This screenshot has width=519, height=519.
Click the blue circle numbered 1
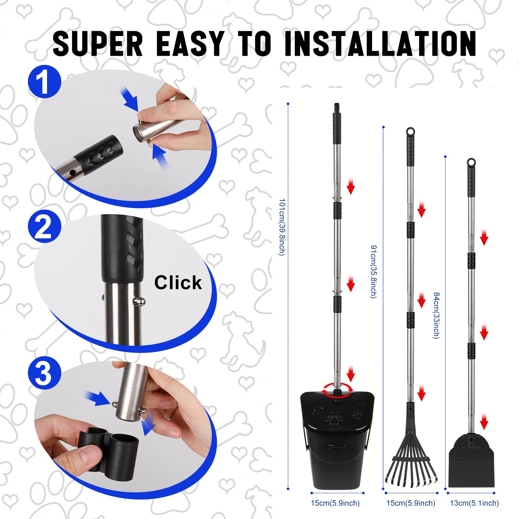click(44, 82)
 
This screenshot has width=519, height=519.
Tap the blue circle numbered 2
click(44, 227)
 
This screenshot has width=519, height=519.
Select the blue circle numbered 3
click(44, 373)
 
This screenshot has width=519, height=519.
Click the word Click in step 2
click(178, 283)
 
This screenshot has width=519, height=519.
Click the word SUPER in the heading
click(97, 43)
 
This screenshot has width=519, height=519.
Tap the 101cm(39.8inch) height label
click(282, 227)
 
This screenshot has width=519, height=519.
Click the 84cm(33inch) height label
click(437, 315)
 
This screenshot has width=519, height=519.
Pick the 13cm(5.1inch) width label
click(474, 503)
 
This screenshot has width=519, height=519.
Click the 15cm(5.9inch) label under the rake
click(411, 503)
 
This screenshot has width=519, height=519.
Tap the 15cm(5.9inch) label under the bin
click(335, 503)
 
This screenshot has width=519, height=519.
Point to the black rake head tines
click(411, 470)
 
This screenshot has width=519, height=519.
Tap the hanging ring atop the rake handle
click(410, 131)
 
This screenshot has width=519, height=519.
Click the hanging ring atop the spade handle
click(471, 162)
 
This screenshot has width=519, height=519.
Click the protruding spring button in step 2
click(140, 302)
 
